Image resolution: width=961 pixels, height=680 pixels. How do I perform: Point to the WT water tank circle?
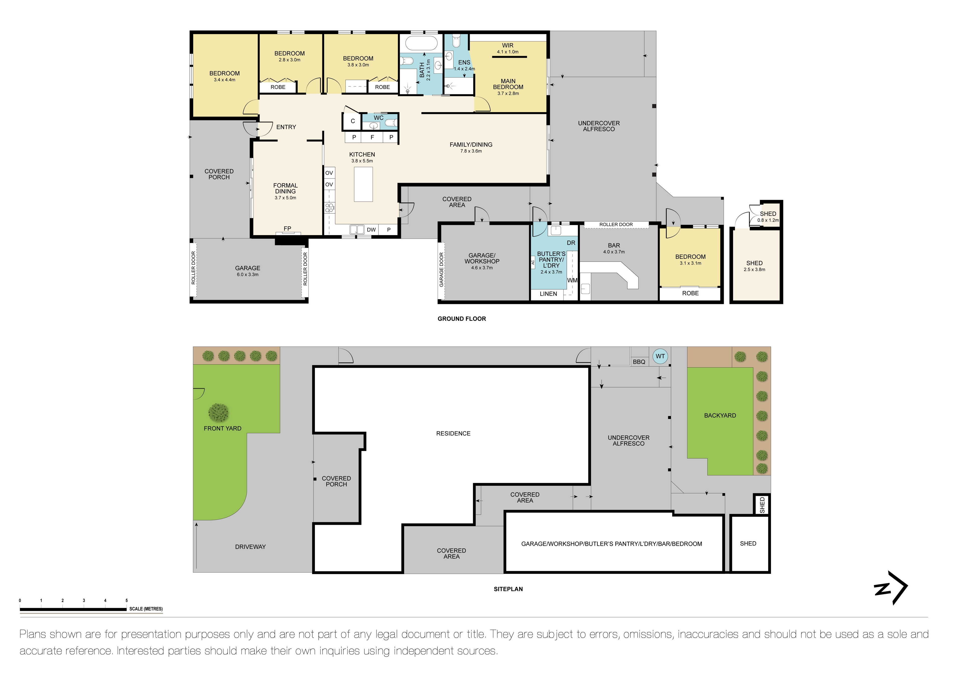pos(660,356)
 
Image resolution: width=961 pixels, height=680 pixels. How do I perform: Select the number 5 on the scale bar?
pos(126,600)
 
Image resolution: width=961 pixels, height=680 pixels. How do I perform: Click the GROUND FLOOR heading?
pos(462,319)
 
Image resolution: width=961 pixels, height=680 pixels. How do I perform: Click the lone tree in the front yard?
pos(218,412)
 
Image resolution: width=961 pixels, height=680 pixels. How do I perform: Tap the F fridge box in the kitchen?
pos(372,137)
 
